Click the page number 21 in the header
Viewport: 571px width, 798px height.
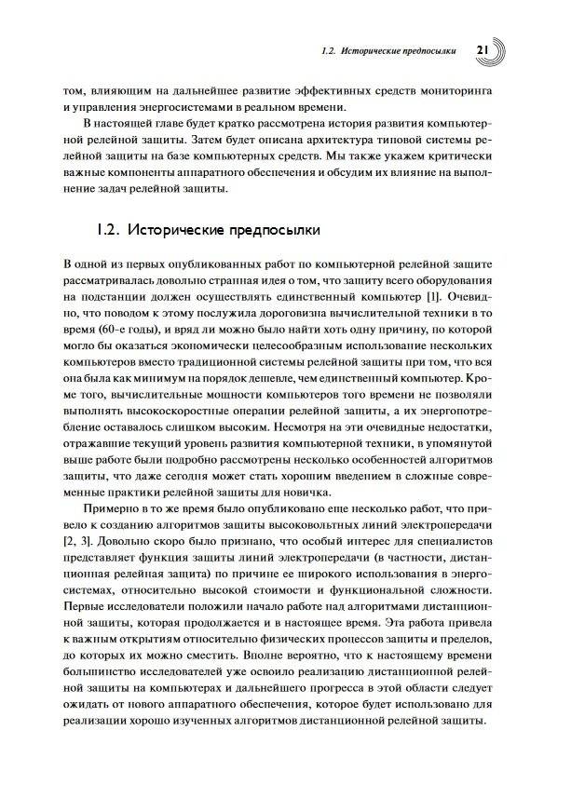483,48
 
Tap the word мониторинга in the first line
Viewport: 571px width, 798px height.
471,91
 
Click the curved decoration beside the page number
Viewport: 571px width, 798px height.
502,48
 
